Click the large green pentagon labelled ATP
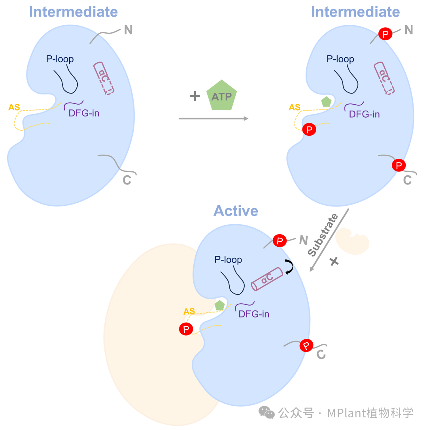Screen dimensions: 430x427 pyautogui.click(x=222, y=96)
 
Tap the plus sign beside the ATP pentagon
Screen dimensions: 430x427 pyautogui.click(x=195, y=96)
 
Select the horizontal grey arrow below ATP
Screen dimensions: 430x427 pyautogui.click(x=213, y=118)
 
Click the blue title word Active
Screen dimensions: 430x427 pyautogui.click(x=236, y=211)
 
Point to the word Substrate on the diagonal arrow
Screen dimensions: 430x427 pyautogui.click(x=323, y=235)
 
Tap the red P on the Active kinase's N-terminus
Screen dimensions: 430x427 pyautogui.click(x=280, y=240)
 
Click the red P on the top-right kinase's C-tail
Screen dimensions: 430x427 pyautogui.click(x=398, y=165)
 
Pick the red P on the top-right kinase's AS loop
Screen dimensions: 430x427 pyautogui.click(x=309, y=129)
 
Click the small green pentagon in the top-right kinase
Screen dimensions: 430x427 pyautogui.click(x=326, y=102)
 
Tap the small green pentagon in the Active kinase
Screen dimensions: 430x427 pyautogui.click(x=219, y=305)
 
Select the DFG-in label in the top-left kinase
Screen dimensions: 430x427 pyautogui.click(x=83, y=113)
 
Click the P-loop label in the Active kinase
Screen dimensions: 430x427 pyautogui.click(x=228, y=260)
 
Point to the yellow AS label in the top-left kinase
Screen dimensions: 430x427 pyautogui.click(x=14, y=107)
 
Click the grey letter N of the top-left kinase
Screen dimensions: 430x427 pyautogui.click(x=128, y=30)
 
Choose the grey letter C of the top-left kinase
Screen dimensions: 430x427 pyautogui.click(x=127, y=180)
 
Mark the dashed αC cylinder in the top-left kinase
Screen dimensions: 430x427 pyautogui.click(x=104, y=78)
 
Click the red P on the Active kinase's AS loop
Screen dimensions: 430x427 pyautogui.click(x=186, y=329)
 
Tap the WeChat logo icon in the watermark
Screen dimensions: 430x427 pyautogui.click(x=266, y=413)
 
